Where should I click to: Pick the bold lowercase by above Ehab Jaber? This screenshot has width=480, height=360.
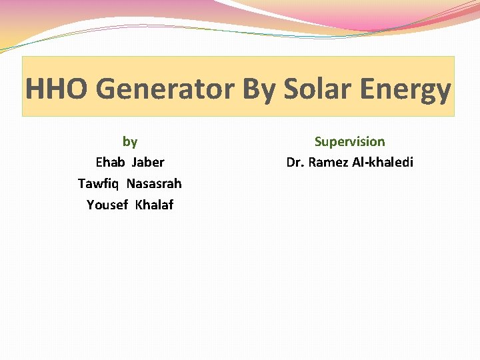pyautogui.click(x=130, y=141)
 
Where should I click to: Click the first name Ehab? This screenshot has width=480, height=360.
pyautogui.click(x=111, y=162)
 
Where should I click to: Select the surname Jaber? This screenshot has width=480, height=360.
pyautogui.click(x=148, y=162)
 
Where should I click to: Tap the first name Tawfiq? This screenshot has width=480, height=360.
pyautogui.click(x=99, y=183)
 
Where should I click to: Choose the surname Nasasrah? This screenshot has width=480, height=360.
pyautogui.click(x=154, y=183)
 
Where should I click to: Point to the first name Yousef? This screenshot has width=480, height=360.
pyautogui.click(x=107, y=205)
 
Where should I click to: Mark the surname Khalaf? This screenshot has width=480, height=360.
pyautogui.click(x=154, y=205)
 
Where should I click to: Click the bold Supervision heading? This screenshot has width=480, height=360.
pyautogui.click(x=349, y=141)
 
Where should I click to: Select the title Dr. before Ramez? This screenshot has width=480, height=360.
pyautogui.click(x=295, y=162)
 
